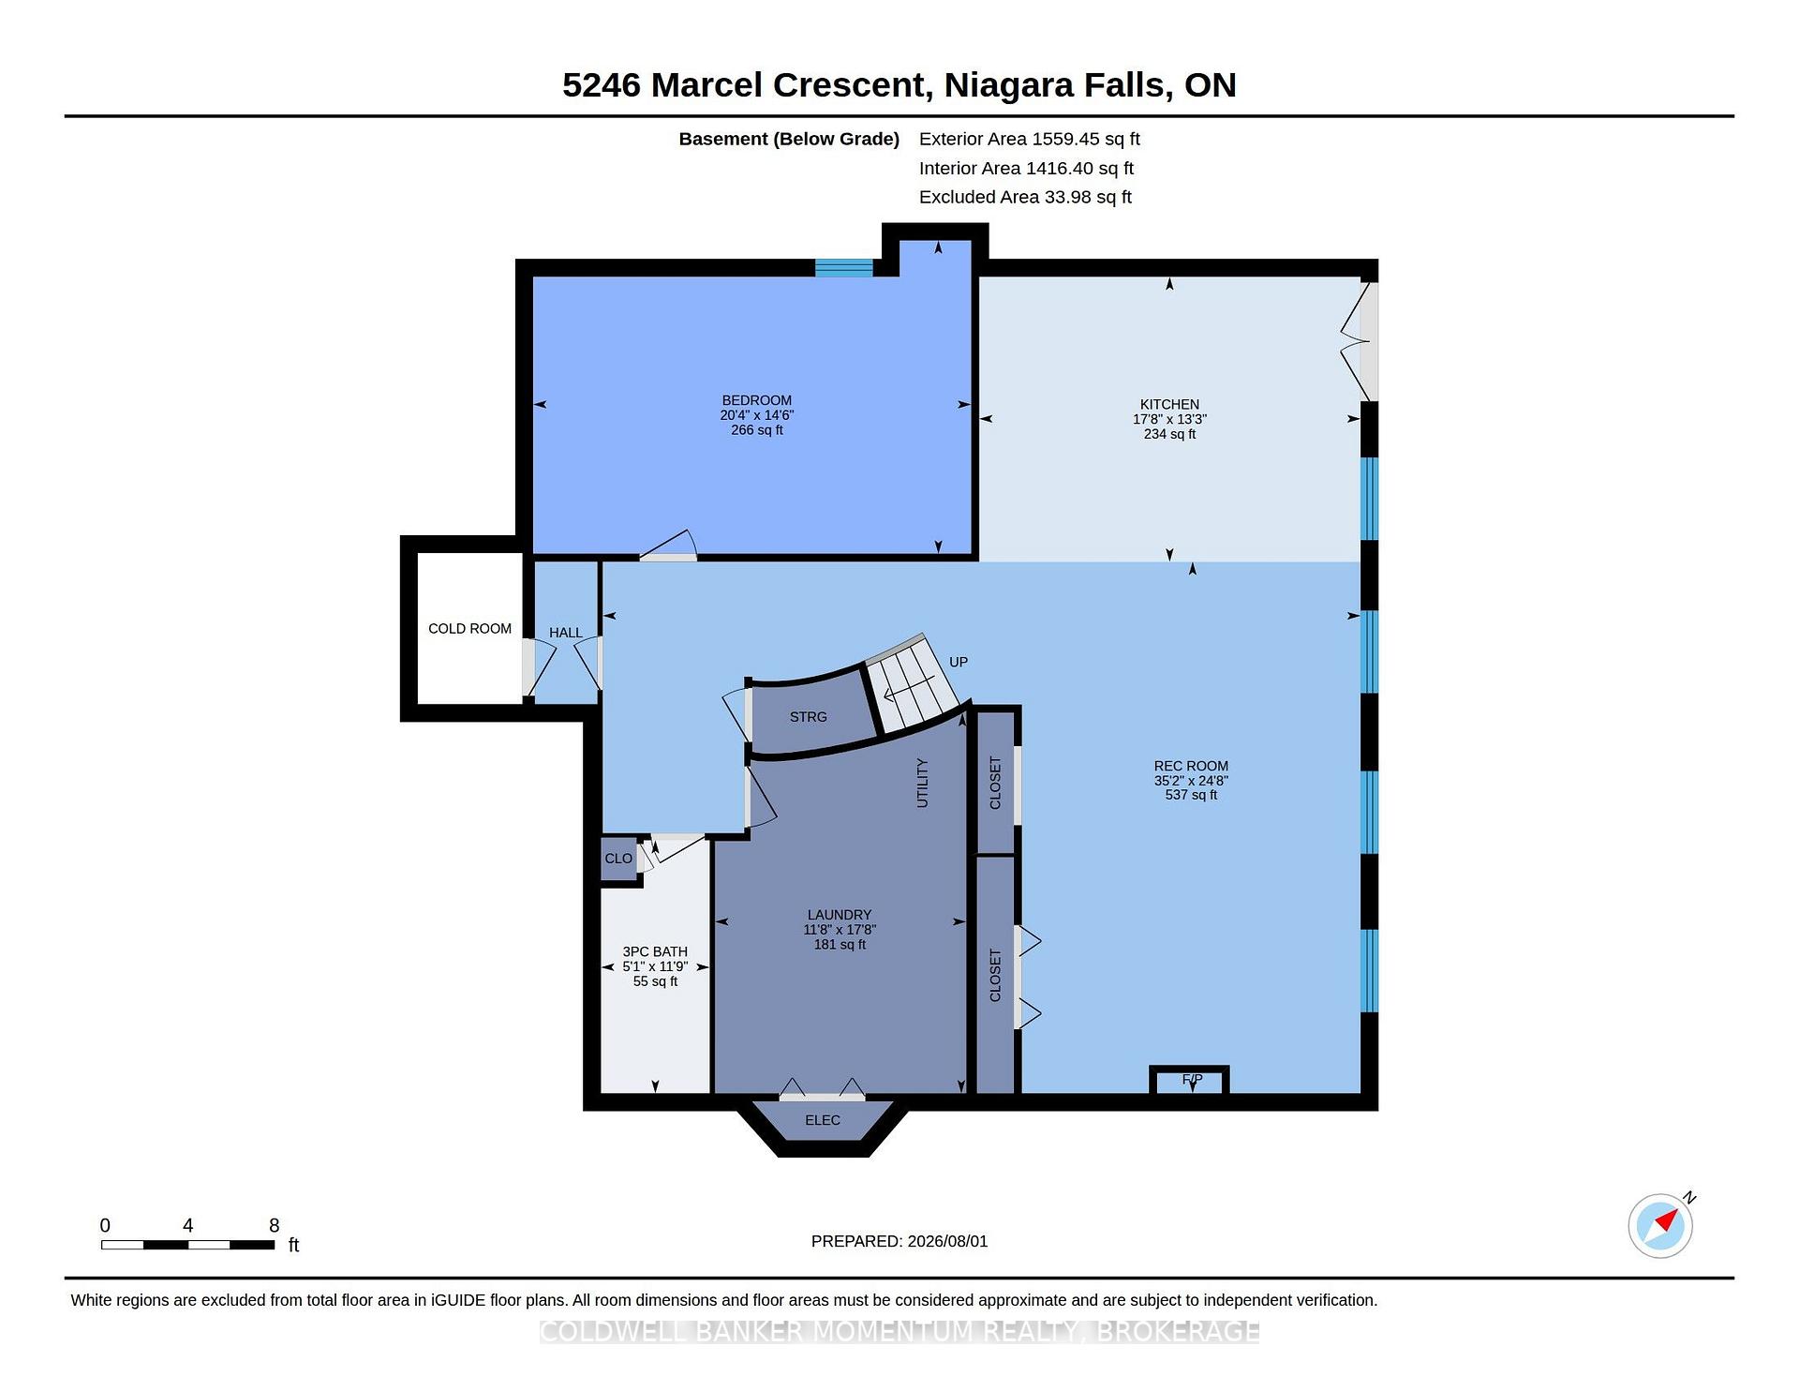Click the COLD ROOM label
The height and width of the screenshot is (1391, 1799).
[x=469, y=628]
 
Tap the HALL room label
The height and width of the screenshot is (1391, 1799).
[x=566, y=633]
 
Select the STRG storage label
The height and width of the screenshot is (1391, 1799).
[x=808, y=717]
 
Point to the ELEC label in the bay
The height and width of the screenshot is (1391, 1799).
[x=823, y=1120]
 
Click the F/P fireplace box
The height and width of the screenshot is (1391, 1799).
[x=1190, y=1081]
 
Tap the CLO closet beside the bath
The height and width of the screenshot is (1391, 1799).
[x=618, y=859]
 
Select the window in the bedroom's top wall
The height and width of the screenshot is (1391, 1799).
[x=844, y=268]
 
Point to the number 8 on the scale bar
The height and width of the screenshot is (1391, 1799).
[x=274, y=1225]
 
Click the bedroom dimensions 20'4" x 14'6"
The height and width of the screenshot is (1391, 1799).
[x=757, y=415]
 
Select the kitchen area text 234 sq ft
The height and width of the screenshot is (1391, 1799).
[x=1169, y=434]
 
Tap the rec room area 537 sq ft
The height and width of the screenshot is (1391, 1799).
[x=1191, y=795]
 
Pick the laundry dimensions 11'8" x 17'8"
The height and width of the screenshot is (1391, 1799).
[x=840, y=930]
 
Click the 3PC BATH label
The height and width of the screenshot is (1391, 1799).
[x=655, y=951]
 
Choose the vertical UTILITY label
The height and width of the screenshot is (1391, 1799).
[x=922, y=783]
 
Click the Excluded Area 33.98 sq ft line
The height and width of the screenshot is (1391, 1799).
[x=1025, y=197]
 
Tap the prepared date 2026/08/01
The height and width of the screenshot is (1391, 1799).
[x=947, y=1241]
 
